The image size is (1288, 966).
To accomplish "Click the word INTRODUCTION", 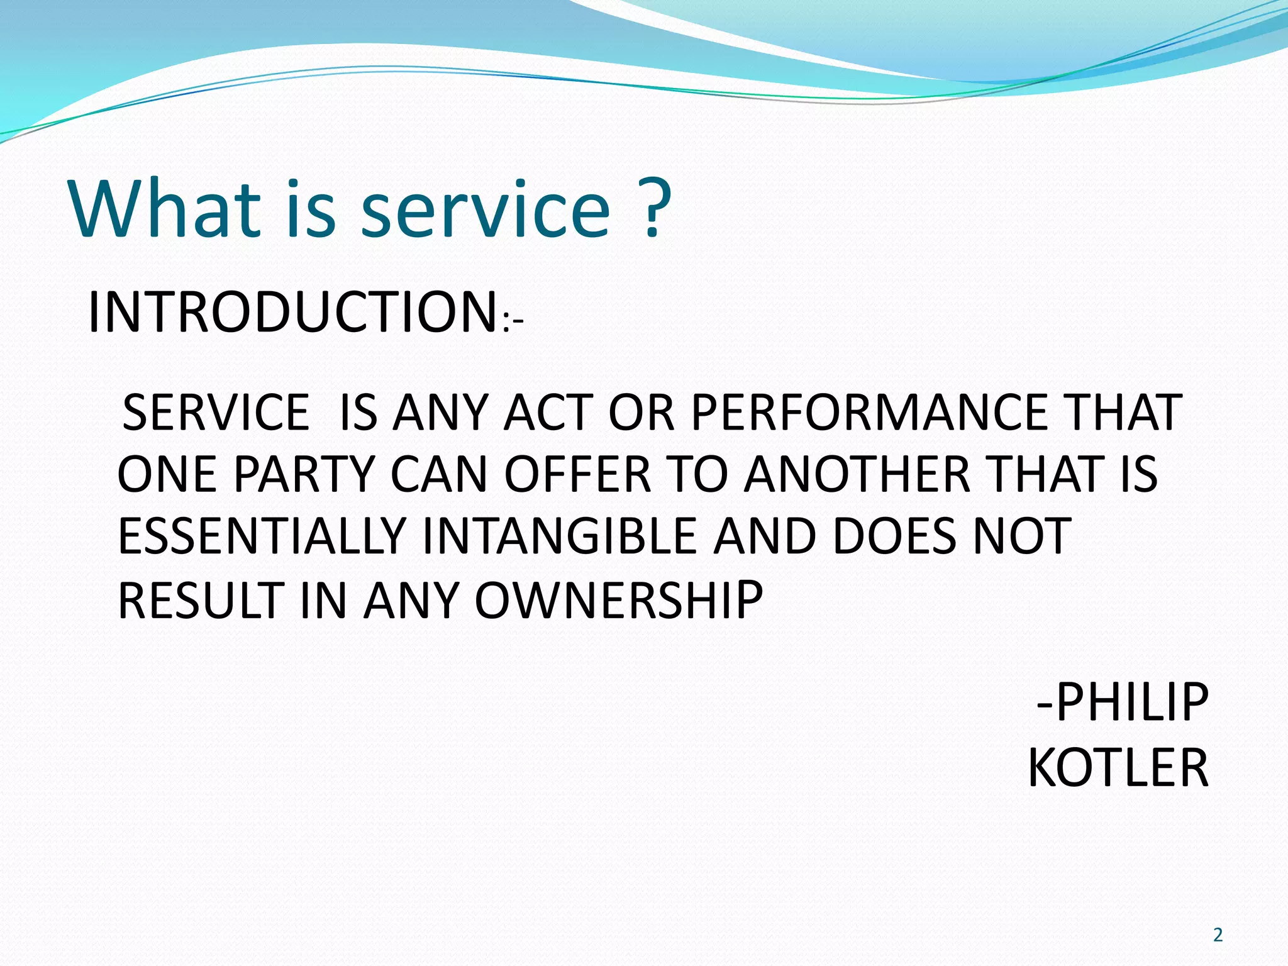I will (x=293, y=313).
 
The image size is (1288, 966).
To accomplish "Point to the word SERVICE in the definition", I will (x=216, y=413).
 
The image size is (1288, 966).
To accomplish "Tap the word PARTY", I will (x=304, y=474).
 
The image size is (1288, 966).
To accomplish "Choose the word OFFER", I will (x=577, y=474).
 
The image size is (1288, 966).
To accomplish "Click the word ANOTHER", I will (x=857, y=474).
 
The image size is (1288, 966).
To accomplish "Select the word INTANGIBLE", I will (x=559, y=536).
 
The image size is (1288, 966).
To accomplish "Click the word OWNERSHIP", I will (x=618, y=601).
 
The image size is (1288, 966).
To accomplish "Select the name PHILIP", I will (x=1131, y=702).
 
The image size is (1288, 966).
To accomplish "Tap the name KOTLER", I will (x=1118, y=768).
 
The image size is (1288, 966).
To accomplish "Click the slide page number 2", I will (x=1218, y=935).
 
